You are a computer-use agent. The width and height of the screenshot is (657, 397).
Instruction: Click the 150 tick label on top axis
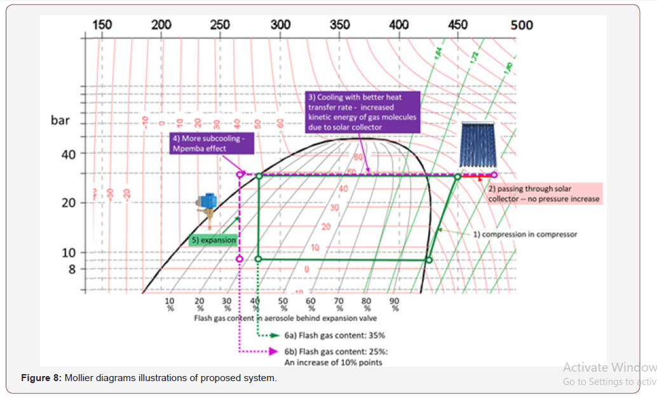102,25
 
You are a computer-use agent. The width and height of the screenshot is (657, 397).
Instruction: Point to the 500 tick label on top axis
522,25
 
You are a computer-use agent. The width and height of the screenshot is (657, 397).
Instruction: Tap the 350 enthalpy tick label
340,25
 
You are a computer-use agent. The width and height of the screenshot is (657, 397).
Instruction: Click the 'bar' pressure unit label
60,120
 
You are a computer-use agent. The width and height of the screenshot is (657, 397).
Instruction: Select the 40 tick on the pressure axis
68,154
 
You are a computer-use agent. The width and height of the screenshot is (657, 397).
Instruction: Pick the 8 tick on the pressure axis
72,269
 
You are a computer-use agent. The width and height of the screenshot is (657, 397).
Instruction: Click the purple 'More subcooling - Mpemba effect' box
212,143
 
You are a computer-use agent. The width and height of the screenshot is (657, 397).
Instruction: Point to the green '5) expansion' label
214,241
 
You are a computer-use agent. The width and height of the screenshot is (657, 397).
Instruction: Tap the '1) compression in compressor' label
525,234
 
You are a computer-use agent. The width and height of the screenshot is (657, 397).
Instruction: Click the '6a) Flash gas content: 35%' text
335,335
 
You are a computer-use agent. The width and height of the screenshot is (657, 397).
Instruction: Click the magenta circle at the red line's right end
494,175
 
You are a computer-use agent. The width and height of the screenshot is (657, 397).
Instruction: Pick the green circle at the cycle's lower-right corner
429,260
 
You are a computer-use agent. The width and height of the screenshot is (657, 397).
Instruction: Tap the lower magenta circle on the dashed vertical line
240,259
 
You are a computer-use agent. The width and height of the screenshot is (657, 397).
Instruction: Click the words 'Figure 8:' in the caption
41,379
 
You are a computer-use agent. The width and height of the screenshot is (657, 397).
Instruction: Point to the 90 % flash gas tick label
395,304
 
